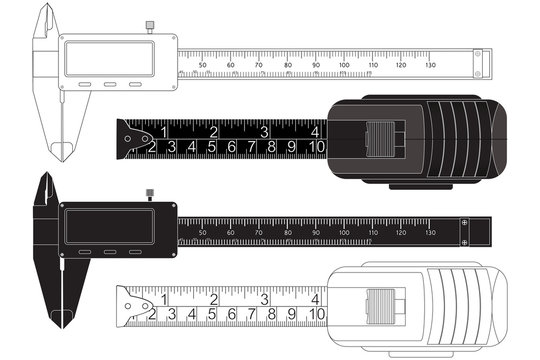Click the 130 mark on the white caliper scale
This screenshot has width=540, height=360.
(431, 65)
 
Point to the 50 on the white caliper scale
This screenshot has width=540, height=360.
(203, 65)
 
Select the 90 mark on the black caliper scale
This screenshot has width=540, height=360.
(316, 232)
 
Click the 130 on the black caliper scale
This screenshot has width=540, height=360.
(430, 232)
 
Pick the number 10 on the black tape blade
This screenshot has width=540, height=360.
(316, 148)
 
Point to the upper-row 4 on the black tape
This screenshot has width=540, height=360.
(315, 131)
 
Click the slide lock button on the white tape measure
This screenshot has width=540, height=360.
(380, 304)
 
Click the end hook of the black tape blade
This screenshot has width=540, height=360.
(125, 141)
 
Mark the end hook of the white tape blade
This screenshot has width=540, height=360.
(125, 307)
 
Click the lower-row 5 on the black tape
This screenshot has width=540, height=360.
(211, 148)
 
